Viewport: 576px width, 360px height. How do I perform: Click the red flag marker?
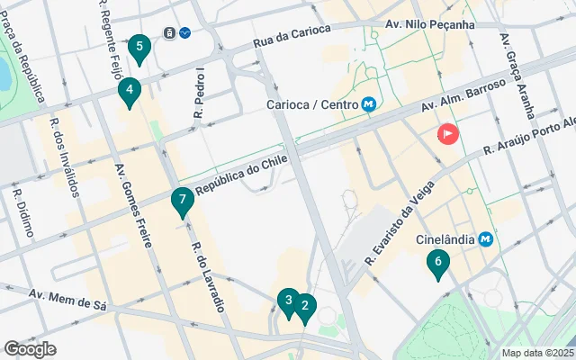point(447,135)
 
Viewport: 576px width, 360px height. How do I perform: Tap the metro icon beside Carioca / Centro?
point(369,104)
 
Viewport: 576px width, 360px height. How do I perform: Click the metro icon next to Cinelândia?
point(486,239)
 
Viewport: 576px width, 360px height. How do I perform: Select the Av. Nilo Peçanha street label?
point(429,24)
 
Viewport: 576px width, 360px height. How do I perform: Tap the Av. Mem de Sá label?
point(67,299)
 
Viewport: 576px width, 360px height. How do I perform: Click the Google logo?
point(30,349)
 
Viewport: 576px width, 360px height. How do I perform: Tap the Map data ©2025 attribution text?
point(536,353)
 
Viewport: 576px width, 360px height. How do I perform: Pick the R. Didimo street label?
point(24,212)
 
